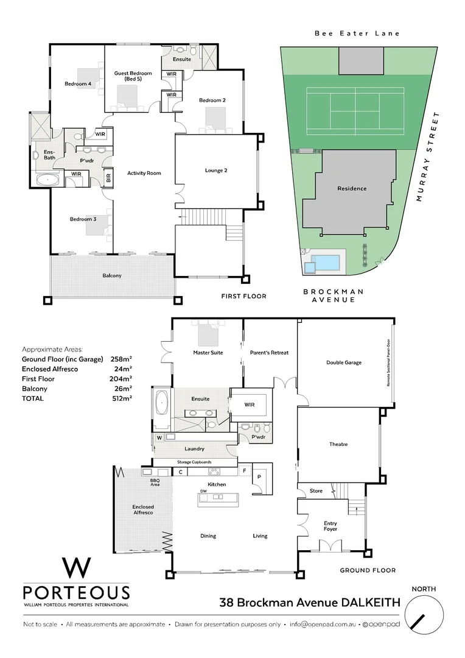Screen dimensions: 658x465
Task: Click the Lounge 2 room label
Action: coord(215,171)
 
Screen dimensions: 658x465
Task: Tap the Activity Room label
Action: coord(144,173)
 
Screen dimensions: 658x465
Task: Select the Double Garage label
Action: coord(344,363)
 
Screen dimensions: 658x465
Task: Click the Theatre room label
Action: coord(338,444)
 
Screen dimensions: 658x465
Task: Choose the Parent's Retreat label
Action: coord(269,353)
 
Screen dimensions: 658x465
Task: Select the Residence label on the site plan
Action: coord(352,188)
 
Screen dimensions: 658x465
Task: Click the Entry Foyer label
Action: coord(330,526)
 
